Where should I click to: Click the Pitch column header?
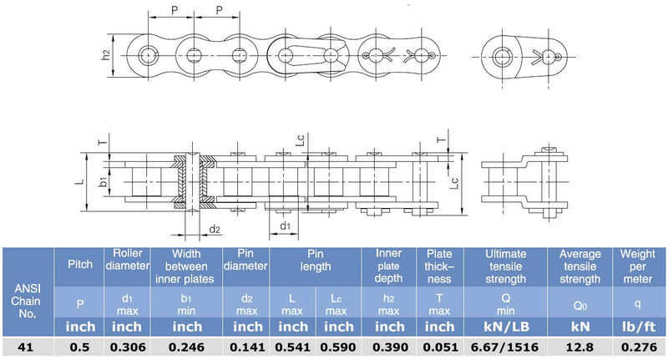(80, 264)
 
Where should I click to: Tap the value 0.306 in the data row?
(128, 347)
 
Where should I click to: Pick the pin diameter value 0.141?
(247, 347)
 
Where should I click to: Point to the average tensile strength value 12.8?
(579, 347)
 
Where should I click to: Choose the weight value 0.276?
(639, 347)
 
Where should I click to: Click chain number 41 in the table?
(26, 347)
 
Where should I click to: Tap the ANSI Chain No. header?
(26, 301)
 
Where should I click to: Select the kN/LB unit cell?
(506, 327)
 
